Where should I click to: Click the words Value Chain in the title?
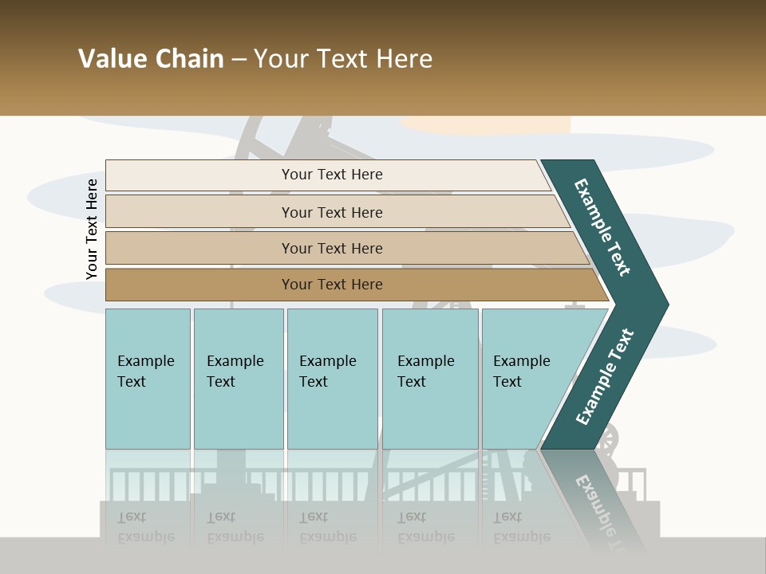(151, 59)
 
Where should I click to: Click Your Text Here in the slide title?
(343, 59)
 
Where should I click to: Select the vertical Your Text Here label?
(92, 230)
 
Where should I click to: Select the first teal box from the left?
(148, 379)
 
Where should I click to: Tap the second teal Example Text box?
(238, 379)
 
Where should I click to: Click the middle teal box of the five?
(332, 379)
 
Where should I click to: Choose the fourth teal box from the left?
(429, 379)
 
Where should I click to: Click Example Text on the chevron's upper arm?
(603, 227)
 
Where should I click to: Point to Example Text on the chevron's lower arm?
(605, 376)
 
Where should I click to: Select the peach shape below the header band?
(487, 124)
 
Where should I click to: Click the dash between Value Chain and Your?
(239, 60)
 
